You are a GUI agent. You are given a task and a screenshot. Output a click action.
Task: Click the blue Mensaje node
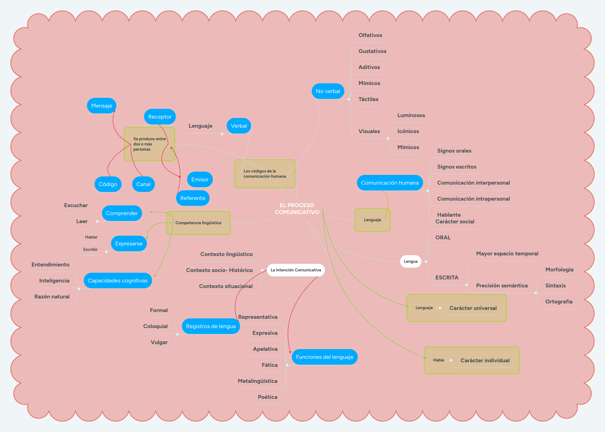click(x=101, y=106)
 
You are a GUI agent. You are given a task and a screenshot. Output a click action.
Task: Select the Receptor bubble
click(x=160, y=117)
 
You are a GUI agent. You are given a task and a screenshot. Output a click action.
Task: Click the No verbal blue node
click(x=328, y=91)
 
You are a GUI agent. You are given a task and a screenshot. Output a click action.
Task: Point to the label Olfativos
click(x=370, y=35)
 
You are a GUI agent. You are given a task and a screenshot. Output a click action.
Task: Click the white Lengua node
click(x=410, y=261)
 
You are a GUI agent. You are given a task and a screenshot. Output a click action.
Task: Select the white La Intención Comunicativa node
click(x=296, y=270)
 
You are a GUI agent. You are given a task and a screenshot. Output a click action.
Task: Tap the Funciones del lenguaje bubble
click(x=324, y=357)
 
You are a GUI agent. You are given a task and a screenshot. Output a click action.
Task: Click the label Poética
click(x=267, y=397)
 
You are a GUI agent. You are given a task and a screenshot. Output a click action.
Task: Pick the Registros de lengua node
click(x=211, y=326)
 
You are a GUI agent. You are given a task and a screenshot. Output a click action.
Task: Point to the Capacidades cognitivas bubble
click(x=117, y=281)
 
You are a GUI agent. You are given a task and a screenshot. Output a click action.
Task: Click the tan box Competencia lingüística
click(x=198, y=223)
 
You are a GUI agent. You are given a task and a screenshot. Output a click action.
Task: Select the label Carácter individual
click(x=485, y=360)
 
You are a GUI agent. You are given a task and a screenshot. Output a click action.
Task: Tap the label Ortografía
click(x=559, y=301)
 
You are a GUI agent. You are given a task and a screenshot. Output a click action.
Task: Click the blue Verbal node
click(x=239, y=126)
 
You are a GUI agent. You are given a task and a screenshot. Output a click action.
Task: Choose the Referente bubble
click(x=193, y=198)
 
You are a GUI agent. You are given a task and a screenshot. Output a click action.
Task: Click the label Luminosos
click(x=411, y=115)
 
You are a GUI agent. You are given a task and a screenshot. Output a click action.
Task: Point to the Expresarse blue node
click(x=129, y=244)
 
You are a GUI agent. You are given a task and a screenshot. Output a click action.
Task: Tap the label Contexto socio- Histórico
click(x=219, y=270)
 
